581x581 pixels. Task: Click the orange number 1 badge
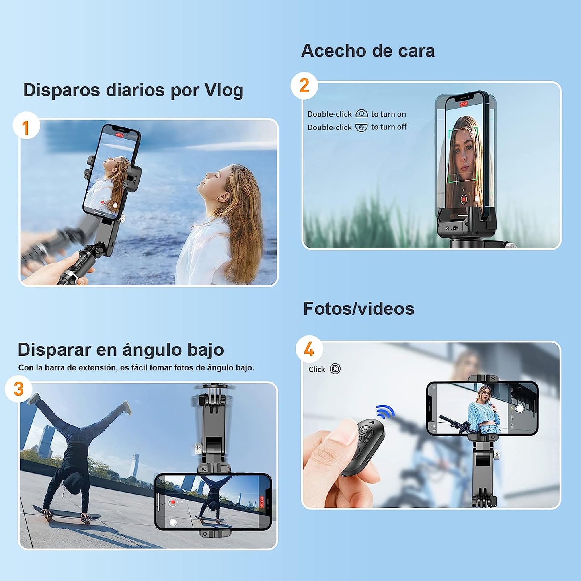click(26, 128)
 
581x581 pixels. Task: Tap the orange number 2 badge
click(304, 85)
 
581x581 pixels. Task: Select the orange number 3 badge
click(18, 389)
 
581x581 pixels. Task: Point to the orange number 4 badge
click(309, 349)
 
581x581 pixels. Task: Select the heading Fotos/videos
click(358, 309)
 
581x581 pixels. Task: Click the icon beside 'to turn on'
click(361, 114)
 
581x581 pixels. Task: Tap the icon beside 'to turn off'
click(361, 127)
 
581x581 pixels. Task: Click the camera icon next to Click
click(335, 369)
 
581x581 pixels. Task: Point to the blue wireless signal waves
click(385, 411)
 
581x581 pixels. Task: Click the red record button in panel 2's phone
click(463, 199)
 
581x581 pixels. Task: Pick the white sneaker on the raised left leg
click(34, 399)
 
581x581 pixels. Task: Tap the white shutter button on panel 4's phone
click(519, 409)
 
